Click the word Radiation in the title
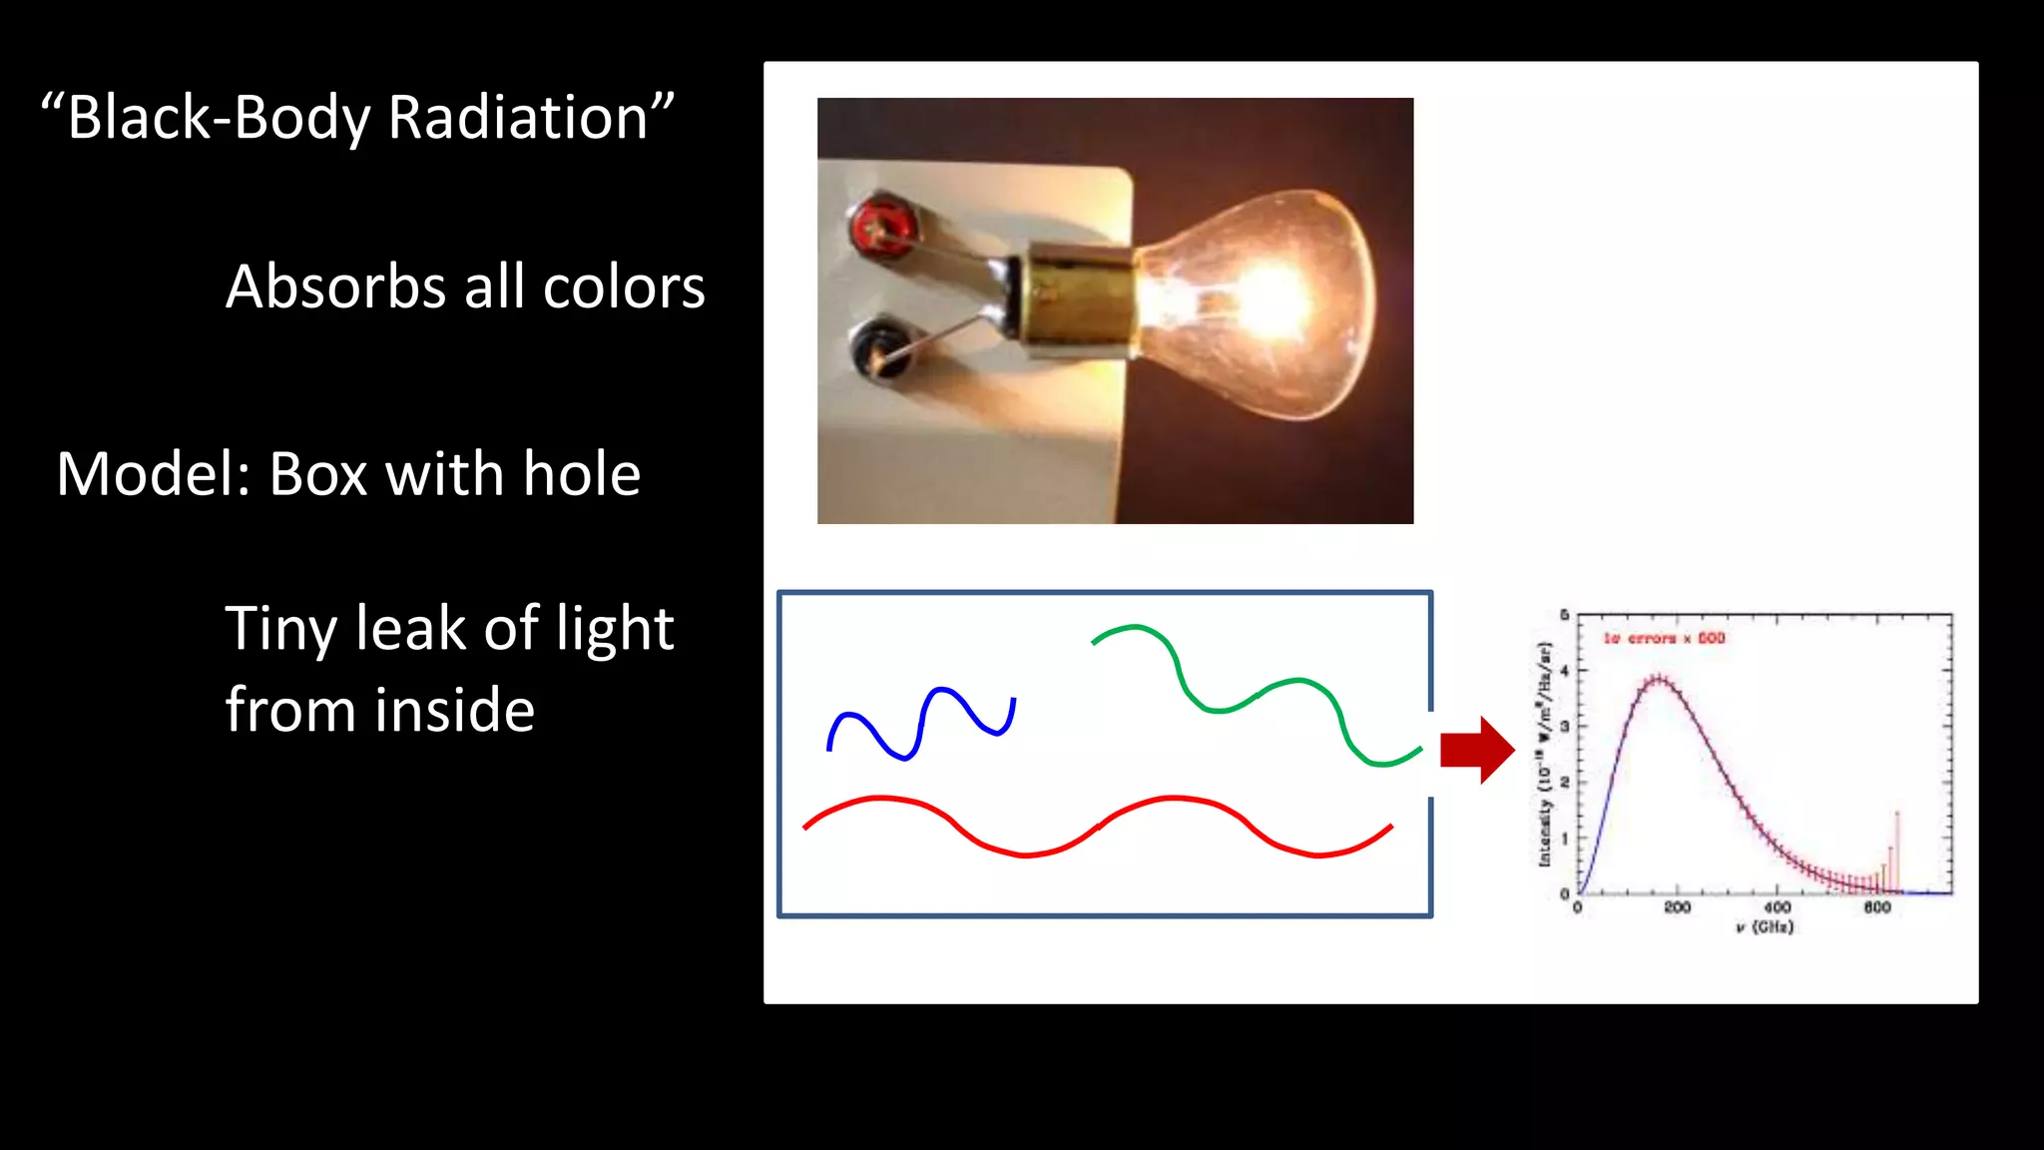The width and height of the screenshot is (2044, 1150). [519, 118]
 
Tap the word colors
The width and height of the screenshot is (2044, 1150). [624, 287]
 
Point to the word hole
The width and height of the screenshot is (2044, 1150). [581, 473]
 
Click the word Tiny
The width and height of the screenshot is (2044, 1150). [281, 630]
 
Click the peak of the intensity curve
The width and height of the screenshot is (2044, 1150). [1657, 680]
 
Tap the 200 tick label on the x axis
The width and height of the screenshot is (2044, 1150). [1677, 907]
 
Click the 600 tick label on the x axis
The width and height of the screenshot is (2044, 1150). [1877, 907]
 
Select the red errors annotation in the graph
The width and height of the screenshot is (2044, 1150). [1664, 638]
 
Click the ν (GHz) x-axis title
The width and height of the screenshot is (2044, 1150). [1765, 927]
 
